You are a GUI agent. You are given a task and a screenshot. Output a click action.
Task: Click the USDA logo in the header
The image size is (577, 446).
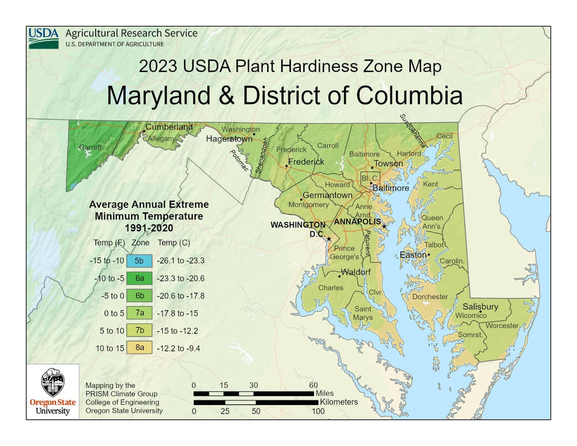click(x=44, y=38)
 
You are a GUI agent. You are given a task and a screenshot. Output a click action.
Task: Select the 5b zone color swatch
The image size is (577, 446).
click(x=139, y=260)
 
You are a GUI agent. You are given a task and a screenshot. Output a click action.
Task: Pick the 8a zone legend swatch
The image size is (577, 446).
click(x=139, y=347)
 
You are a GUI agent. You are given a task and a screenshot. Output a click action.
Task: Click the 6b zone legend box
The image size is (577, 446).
click(x=139, y=295)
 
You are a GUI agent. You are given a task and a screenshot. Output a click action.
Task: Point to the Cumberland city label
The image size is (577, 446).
click(x=168, y=127)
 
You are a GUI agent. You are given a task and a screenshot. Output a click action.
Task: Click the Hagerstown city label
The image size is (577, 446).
click(x=229, y=139)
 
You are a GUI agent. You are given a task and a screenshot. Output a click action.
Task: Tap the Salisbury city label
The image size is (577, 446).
click(x=480, y=306)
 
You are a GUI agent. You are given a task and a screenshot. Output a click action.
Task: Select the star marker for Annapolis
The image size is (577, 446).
click(x=384, y=226)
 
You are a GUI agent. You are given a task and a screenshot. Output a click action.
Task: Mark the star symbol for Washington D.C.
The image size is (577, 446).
click(x=329, y=239)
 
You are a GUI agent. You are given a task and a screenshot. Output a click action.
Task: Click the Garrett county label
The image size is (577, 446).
click(x=91, y=147)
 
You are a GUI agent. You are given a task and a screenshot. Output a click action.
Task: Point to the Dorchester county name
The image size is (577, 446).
click(x=430, y=297)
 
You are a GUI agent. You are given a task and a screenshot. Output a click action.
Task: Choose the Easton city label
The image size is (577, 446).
click(x=413, y=254)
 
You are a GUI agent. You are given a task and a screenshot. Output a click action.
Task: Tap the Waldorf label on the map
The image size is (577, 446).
click(x=355, y=272)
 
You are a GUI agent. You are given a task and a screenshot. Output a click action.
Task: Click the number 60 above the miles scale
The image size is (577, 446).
click(x=313, y=385)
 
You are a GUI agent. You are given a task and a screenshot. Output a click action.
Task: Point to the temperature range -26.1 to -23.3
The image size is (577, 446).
click(x=181, y=260)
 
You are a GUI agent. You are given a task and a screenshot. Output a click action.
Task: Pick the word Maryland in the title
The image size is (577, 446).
click(x=167, y=95)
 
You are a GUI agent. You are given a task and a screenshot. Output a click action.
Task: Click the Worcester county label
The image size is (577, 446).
click(x=502, y=326)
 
